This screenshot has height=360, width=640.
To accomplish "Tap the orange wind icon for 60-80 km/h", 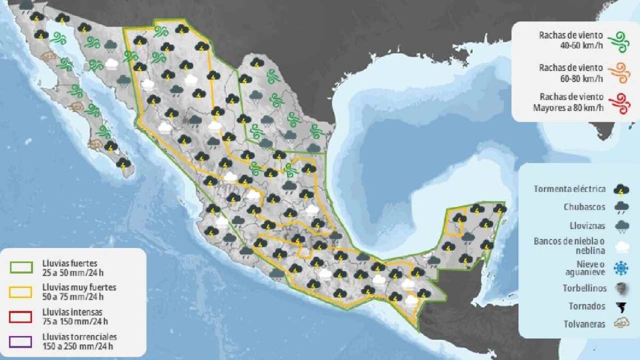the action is click(619, 73).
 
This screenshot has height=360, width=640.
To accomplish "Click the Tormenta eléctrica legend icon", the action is click(621, 189).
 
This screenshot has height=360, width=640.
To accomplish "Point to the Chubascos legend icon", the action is click(621, 207).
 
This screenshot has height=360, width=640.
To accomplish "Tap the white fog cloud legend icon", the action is click(621, 246).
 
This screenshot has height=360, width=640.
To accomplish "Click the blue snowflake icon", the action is click(621, 268).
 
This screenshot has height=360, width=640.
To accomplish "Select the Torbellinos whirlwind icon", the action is click(621, 288).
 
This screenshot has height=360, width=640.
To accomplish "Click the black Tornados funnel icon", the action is click(621, 307).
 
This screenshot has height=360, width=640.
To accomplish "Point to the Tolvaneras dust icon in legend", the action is click(621, 324).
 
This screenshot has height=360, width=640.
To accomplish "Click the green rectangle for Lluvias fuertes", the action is click(21, 267).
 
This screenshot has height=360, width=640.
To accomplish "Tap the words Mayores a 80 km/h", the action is click(568, 108).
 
